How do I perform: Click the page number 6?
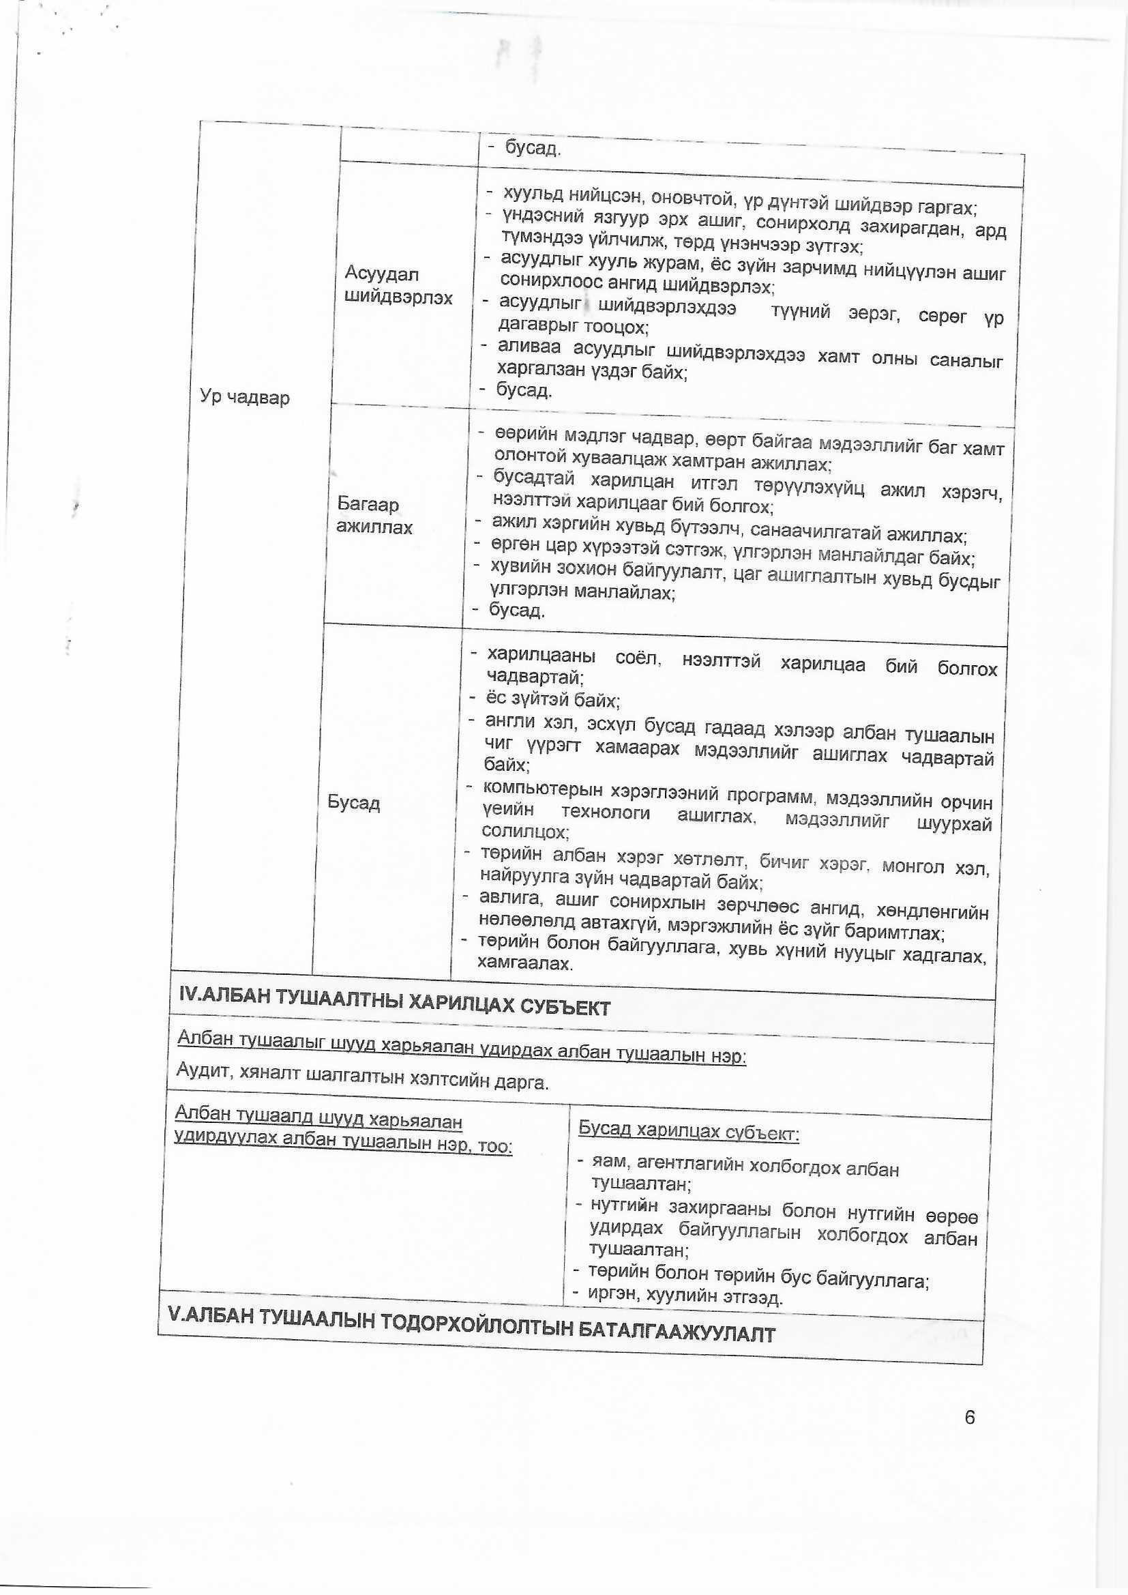pyautogui.click(x=970, y=1417)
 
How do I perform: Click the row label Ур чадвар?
pyautogui.click(x=245, y=398)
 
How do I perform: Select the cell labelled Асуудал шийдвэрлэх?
pyautogui.click(x=399, y=287)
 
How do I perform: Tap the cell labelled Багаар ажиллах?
pyautogui.click(x=375, y=516)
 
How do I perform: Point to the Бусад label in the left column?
pyautogui.click(x=353, y=803)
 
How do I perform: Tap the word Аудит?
pyautogui.click(x=201, y=1071)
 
